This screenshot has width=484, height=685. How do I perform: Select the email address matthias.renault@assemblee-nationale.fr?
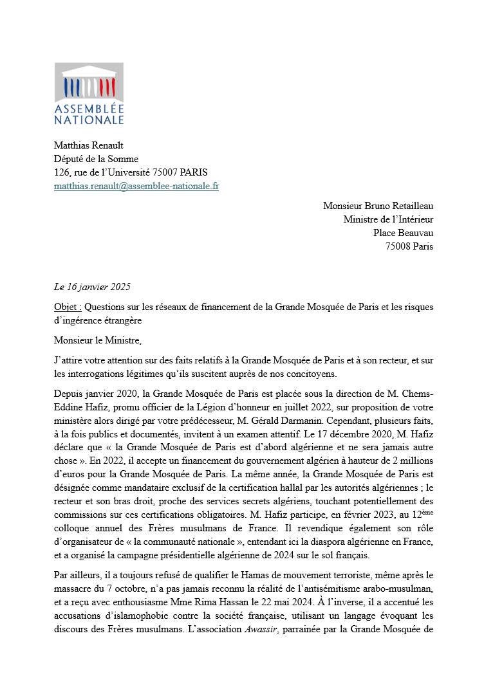136,187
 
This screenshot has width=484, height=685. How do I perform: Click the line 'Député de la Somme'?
96,159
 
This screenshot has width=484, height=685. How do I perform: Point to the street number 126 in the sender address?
62,172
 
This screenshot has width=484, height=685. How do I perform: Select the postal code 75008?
398,246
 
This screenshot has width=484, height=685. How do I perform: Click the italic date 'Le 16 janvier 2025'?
92,287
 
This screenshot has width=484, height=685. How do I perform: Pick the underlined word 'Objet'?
66,307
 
